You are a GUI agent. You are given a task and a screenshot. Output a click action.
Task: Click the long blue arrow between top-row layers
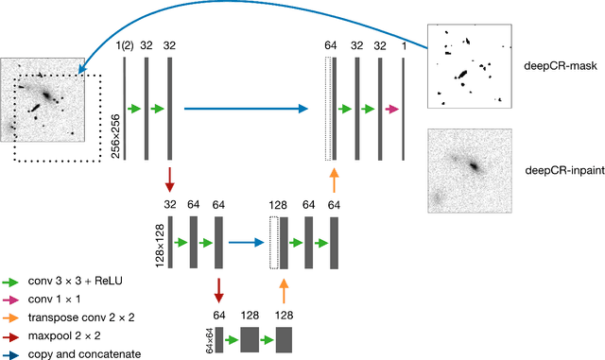246,109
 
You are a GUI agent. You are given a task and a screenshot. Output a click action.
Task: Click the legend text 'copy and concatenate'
85,354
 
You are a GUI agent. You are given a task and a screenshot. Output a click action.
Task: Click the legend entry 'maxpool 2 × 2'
67,336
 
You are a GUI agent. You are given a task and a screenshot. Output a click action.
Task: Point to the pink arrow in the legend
10,300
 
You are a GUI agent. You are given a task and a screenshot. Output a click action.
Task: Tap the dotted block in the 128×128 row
275,242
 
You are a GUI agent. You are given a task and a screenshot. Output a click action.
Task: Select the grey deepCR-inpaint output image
469,171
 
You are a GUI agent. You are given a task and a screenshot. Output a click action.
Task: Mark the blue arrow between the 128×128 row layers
246,242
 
